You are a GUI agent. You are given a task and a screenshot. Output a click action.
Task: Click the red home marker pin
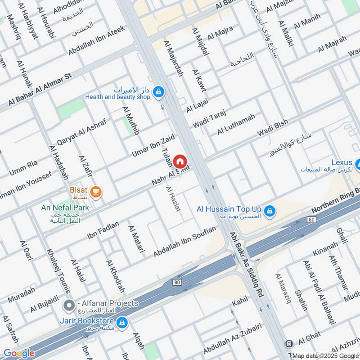180,161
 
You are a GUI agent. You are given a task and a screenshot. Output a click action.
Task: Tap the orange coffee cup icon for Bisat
96,192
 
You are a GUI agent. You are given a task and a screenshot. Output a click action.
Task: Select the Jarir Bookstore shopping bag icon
121,322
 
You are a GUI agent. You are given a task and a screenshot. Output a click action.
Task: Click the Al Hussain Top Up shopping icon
269,210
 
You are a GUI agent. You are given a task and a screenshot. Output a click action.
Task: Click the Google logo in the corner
18,353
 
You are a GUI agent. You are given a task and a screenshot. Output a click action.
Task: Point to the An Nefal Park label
65,207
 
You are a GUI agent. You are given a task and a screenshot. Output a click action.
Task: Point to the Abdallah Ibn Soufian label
184,242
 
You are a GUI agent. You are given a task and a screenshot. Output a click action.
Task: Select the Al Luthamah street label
236,124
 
